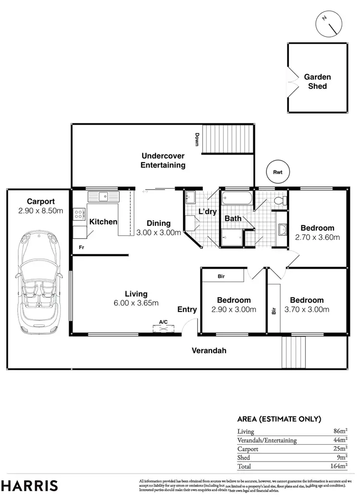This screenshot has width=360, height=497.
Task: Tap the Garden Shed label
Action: (x=317, y=82)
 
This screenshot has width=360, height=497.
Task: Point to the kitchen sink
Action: (x=103, y=196)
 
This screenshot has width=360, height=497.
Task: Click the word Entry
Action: (x=187, y=309)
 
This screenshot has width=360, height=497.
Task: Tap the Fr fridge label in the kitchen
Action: (x=82, y=247)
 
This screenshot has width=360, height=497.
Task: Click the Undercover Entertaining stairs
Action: (x=228, y=140)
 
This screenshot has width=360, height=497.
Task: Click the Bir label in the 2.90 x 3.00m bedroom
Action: (x=221, y=276)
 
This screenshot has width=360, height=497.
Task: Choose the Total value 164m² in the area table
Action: (x=340, y=465)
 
